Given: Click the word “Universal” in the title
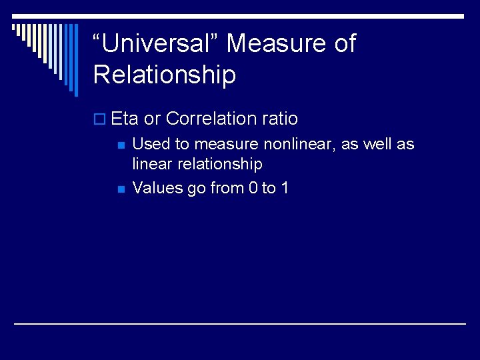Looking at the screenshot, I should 156,44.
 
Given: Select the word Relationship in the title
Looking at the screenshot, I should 165,75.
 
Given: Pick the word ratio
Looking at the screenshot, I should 280,119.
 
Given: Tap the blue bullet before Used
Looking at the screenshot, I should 120,145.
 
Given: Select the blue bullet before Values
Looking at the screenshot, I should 120,189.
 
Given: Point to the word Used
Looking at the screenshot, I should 151,143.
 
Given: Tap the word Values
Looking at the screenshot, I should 158,188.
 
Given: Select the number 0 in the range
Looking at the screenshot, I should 253,188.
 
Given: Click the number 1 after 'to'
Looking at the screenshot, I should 285,188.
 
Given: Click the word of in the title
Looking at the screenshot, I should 345,44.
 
